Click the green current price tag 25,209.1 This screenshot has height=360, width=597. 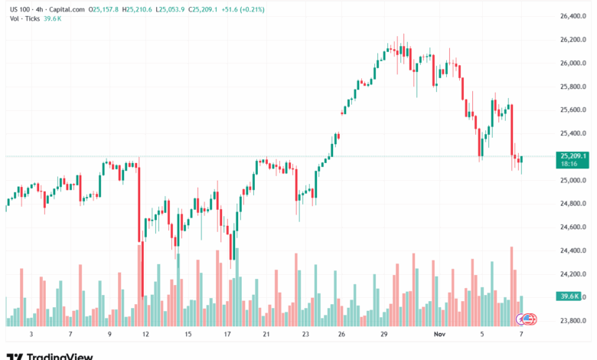(x=573, y=155)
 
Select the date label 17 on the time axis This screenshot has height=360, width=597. (x=227, y=335)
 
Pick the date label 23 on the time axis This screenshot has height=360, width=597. (x=305, y=335)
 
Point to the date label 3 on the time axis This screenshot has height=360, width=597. (x=31, y=335)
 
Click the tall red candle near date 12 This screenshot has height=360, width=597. (x=140, y=230)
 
